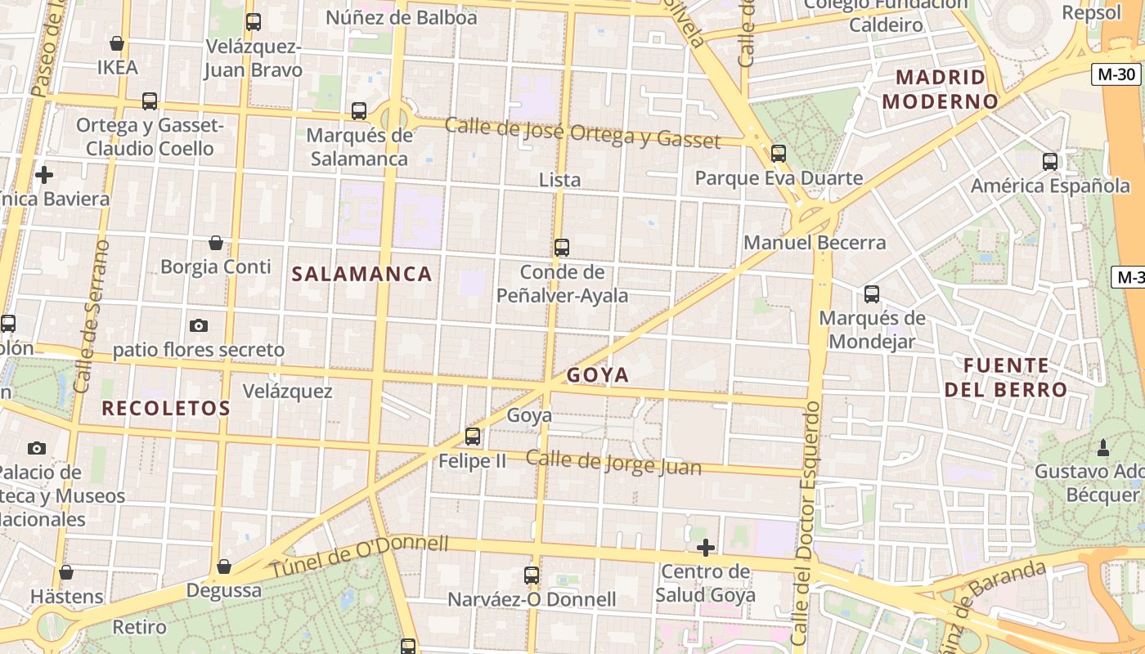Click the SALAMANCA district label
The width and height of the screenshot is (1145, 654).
coord(361,274)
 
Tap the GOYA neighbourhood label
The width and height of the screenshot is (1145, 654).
coord(598,375)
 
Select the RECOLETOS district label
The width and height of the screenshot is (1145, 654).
coord(166,408)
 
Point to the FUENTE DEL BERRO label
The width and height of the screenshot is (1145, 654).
coord(1006,377)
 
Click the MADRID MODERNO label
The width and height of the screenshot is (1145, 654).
coord(941,90)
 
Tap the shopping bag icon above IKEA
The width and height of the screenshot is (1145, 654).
coord(117,43)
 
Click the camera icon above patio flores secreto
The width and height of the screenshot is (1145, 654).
coord(198,325)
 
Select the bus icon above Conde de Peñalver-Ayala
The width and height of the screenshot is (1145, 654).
coord(561,247)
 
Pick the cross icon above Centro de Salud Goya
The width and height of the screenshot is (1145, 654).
coord(705,548)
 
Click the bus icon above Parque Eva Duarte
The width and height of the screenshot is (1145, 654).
coord(778,153)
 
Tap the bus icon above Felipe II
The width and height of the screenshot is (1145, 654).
coord(472,437)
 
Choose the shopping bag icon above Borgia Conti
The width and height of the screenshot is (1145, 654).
coord(215,243)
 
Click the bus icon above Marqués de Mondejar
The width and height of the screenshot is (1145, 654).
coord(872,293)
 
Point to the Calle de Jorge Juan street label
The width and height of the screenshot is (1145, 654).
coord(613,462)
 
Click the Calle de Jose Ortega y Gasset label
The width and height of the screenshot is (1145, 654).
coord(582,133)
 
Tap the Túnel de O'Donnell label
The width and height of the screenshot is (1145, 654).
coord(360,556)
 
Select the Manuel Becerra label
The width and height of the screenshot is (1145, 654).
coord(815,243)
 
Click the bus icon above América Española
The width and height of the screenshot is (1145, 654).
coord(1050,161)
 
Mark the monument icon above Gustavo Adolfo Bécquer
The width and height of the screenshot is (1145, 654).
coord(1102,447)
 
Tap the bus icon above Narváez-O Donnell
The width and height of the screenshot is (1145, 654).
coord(532,575)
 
